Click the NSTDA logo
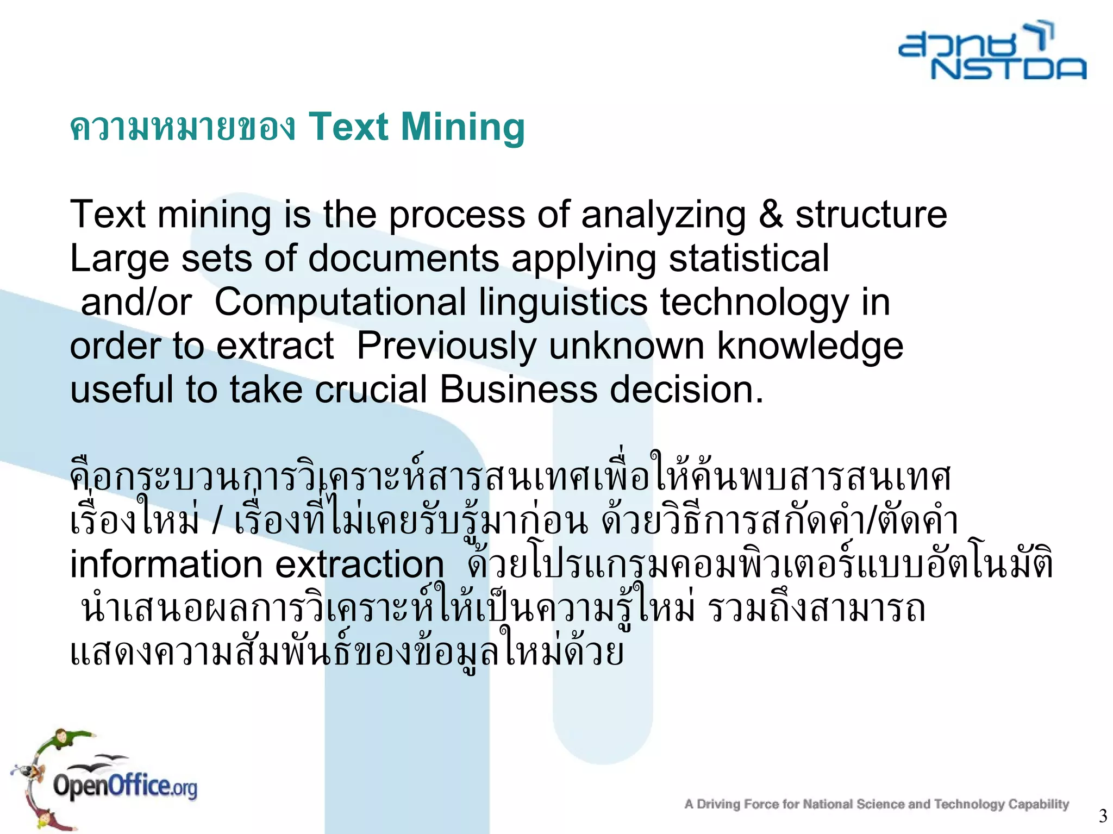pos(992,52)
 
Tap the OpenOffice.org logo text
pos(124,786)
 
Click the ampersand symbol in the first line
pos(771,214)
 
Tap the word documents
pos(403,258)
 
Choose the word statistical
pos(748,258)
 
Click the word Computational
pos(340,303)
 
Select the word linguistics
pos(563,303)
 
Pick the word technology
pos(754,303)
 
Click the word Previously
pos(446,346)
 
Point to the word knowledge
pos(810,346)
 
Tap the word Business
pos(518,390)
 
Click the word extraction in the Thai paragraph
pos(360,564)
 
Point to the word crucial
pos(371,390)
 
